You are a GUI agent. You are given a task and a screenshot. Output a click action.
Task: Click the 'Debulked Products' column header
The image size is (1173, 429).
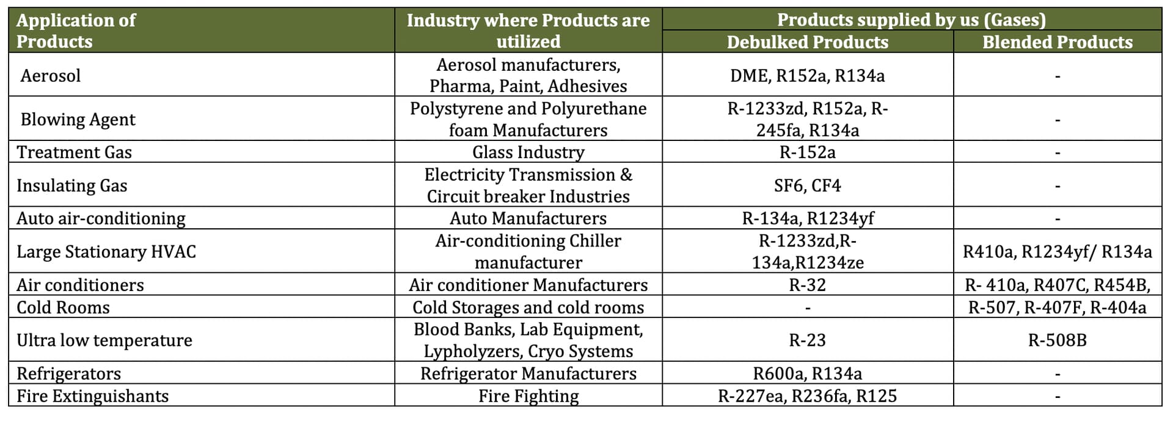pyautogui.click(x=807, y=42)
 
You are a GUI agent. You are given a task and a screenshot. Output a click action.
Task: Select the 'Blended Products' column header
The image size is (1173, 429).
pyautogui.click(x=1057, y=42)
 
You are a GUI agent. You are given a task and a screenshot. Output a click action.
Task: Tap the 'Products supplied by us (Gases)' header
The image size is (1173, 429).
pyautogui.click(x=911, y=20)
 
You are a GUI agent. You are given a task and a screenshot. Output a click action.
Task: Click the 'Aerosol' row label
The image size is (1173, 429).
pyautogui.click(x=51, y=76)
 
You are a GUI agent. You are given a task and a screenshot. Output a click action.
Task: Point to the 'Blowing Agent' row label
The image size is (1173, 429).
pyautogui.click(x=78, y=120)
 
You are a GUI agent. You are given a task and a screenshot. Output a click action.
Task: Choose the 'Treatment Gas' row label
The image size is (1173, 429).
pyautogui.click(x=74, y=152)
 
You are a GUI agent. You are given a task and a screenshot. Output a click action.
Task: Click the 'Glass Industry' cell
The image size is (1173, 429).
pyautogui.click(x=528, y=152)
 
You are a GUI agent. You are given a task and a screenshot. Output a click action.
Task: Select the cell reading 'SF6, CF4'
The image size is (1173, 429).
pyautogui.click(x=807, y=186)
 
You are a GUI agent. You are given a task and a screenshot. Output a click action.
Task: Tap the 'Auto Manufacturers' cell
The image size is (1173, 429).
pyautogui.click(x=528, y=218)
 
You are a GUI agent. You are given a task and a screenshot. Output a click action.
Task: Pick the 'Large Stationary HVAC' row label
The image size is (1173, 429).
pyautogui.click(x=106, y=252)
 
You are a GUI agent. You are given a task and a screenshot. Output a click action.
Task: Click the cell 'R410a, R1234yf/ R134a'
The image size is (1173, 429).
pyautogui.click(x=1057, y=252)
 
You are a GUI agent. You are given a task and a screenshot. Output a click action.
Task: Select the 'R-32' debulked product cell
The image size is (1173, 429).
pyautogui.click(x=807, y=285)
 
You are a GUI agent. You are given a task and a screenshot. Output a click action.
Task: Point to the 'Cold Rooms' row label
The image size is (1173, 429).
pyautogui.click(x=63, y=308)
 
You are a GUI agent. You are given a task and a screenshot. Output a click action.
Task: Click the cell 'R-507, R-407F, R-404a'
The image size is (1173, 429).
pyautogui.click(x=1057, y=308)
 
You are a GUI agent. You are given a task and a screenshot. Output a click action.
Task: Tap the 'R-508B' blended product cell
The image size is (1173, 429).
pyautogui.click(x=1057, y=341)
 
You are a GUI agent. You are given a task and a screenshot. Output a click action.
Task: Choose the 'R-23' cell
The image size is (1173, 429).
pyautogui.click(x=807, y=341)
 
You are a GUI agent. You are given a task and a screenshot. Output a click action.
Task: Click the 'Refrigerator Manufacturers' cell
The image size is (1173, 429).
pyautogui.click(x=528, y=373)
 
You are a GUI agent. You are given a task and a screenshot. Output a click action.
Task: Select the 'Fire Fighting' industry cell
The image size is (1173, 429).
pyautogui.click(x=528, y=396)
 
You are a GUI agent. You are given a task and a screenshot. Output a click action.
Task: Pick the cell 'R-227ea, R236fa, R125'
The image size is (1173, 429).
pyautogui.click(x=807, y=396)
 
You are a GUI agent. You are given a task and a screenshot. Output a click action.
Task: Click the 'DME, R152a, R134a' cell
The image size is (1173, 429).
pyautogui.click(x=807, y=76)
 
